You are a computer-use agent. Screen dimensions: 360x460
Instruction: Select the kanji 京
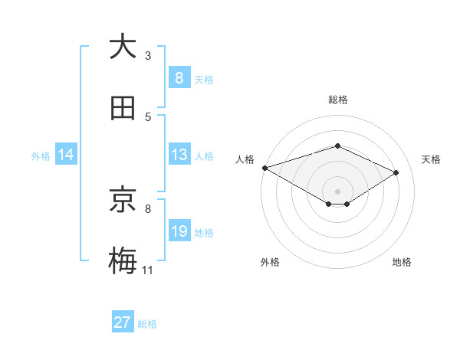(123, 200)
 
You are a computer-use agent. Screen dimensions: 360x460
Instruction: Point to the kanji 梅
(123, 261)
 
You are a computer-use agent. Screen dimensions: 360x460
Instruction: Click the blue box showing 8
(179, 77)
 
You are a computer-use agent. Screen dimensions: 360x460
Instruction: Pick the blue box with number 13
(179, 155)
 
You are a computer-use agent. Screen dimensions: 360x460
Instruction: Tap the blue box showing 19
(179, 231)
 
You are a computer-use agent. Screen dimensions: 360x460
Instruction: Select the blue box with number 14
(66, 155)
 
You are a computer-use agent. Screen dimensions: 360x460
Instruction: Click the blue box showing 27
(123, 322)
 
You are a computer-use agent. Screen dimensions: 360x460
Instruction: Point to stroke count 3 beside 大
(148, 55)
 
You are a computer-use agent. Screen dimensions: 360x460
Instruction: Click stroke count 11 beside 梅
(147, 270)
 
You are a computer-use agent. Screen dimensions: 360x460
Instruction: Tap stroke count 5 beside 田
(148, 116)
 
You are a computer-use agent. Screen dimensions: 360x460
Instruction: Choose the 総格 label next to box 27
(147, 324)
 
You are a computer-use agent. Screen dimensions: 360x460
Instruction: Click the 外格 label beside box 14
(41, 155)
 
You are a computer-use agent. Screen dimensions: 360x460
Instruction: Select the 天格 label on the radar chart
(432, 159)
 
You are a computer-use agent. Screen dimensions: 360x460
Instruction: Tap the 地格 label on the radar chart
(402, 262)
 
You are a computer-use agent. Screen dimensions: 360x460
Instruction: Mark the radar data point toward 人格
(264, 167)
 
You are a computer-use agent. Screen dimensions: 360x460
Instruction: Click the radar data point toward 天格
(396, 172)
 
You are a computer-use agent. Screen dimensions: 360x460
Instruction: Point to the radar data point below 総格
(337, 146)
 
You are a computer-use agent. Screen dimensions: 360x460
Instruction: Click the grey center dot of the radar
(337, 191)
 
